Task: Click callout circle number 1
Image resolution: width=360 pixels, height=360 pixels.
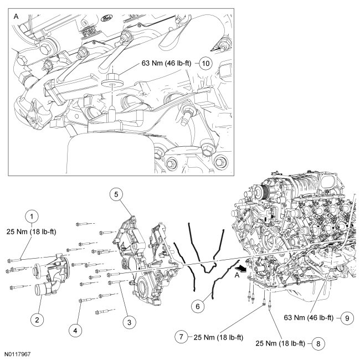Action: (33, 217)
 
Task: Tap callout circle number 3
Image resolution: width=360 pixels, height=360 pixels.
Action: (128, 320)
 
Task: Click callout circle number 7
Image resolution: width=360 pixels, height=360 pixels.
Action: (181, 336)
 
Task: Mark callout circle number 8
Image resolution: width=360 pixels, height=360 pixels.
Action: (317, 343)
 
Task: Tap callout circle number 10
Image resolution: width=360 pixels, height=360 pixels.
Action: (204, 63)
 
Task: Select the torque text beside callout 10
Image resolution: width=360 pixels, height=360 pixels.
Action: (167, 63)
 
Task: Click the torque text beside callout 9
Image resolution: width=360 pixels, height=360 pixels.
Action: (308, 318)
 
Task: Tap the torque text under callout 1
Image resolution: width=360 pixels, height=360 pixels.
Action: (33, 229)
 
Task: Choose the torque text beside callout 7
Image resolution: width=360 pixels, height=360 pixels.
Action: (213, 336)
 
